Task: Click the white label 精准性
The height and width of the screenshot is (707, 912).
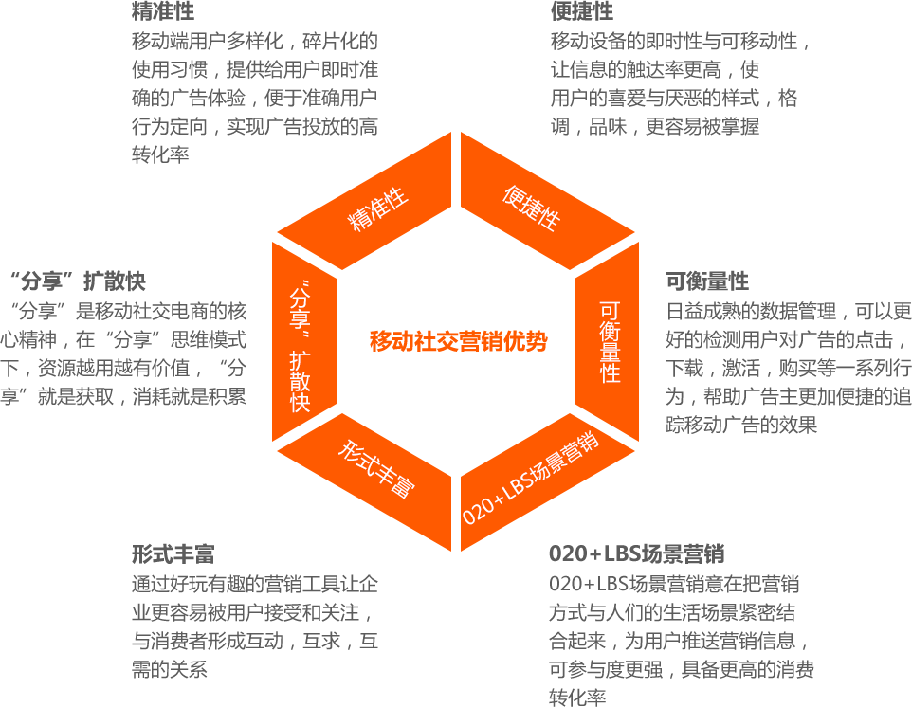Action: [x=379, y=209]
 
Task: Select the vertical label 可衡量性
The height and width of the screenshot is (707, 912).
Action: [x=611, y=342]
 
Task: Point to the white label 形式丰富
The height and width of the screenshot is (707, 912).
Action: [x=376, y=470]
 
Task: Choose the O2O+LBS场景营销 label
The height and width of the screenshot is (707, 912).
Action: [x=531, y=479]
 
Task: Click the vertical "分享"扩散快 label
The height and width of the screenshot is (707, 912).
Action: [x=301, y=346]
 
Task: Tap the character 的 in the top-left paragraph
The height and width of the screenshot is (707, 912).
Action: [x=370, y=42]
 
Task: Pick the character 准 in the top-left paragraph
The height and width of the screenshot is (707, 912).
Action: [x=370, y=69]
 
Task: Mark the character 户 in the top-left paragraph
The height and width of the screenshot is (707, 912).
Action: [x=370, y=98]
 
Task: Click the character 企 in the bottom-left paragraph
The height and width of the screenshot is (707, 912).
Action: [x=370, y=584]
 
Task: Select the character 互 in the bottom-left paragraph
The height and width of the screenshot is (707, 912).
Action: [x=370, y=641]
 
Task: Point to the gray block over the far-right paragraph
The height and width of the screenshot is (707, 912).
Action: [x=787, y=367]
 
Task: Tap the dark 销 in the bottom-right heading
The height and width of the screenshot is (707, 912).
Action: [x=715, y=554]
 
